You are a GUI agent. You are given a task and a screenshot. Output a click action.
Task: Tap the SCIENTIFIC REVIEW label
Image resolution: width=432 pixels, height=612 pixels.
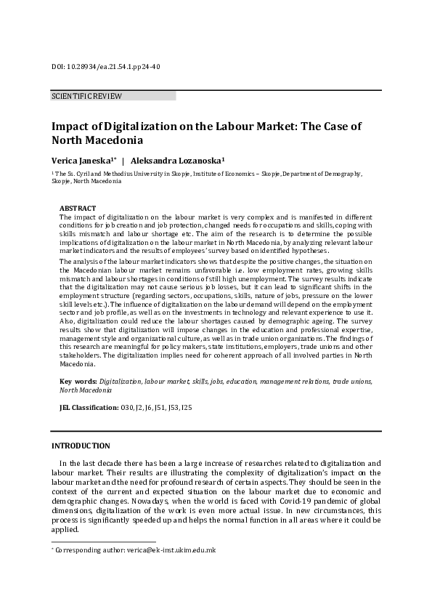[x=86, y=96]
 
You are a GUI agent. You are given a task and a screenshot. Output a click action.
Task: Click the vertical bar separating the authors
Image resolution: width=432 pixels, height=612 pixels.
[x=123, y=160]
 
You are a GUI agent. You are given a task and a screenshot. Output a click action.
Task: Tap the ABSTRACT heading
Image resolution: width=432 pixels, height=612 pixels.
[x=76, y=208]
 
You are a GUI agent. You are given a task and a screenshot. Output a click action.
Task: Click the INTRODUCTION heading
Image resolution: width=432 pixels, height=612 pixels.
[x=81, y=446]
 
